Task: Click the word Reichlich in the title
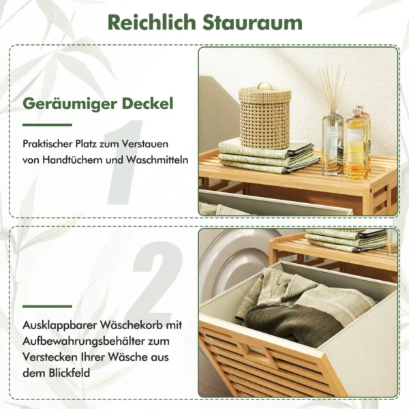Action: coord(151,22)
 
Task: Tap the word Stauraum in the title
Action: coord(252,23)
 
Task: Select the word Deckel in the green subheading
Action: coord(148,104)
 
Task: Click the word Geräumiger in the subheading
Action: coord(70,104)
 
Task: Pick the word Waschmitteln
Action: coord(157,160)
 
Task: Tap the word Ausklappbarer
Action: coord(60,325)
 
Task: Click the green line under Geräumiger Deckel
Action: coord(47,125)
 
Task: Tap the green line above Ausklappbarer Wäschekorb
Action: coord(47,307)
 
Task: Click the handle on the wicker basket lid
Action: coord(264,86)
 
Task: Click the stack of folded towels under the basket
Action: coord(269,157)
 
